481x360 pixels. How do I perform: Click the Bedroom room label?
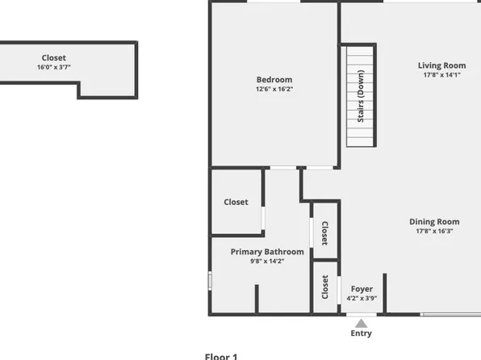[274, 79]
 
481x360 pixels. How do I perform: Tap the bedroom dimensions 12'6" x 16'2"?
[274, 89]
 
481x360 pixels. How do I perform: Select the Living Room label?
[441, 65]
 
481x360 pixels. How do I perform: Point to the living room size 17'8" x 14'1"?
[441, 75]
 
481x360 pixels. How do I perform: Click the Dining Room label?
[434, 222]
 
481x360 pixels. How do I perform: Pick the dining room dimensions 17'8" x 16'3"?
[434, 232]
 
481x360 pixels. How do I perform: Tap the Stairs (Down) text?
[361, 97]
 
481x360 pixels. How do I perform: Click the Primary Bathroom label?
[267, 252]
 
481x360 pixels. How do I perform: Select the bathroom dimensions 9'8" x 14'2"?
[267, 262]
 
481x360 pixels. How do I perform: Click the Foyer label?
[362, 288]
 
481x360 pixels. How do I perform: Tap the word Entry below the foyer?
[362, 333]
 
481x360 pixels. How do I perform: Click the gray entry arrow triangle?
[361, 322]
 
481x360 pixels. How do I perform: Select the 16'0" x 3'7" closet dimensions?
[54, 67]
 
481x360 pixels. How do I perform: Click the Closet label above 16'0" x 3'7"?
[54, 57]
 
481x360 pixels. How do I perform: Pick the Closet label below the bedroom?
[236, 202]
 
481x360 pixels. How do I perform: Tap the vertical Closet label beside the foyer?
[325, 287]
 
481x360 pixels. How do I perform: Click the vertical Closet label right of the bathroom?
[324, 233]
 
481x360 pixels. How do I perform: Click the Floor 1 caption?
[221, 356]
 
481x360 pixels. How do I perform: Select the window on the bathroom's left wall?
[210, 280]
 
